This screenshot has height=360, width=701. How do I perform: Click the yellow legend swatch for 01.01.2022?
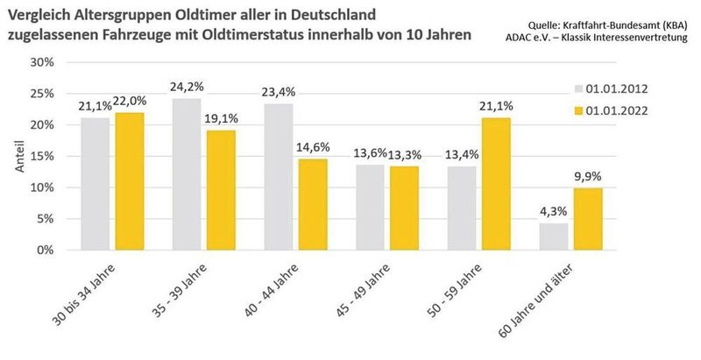tap(579, 111)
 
